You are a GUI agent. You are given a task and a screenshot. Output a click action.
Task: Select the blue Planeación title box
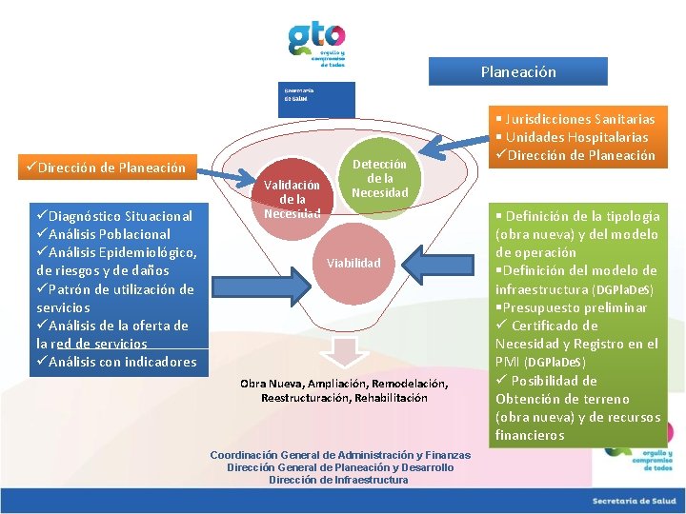coord(517,72)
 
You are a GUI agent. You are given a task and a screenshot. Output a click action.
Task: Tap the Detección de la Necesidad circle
coord(379,179)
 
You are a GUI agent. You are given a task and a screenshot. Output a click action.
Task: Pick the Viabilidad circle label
coord(353,263)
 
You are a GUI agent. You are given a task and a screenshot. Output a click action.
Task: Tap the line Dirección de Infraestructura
coord(338,480)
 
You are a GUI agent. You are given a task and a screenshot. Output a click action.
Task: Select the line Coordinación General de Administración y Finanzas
coord(340,455)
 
